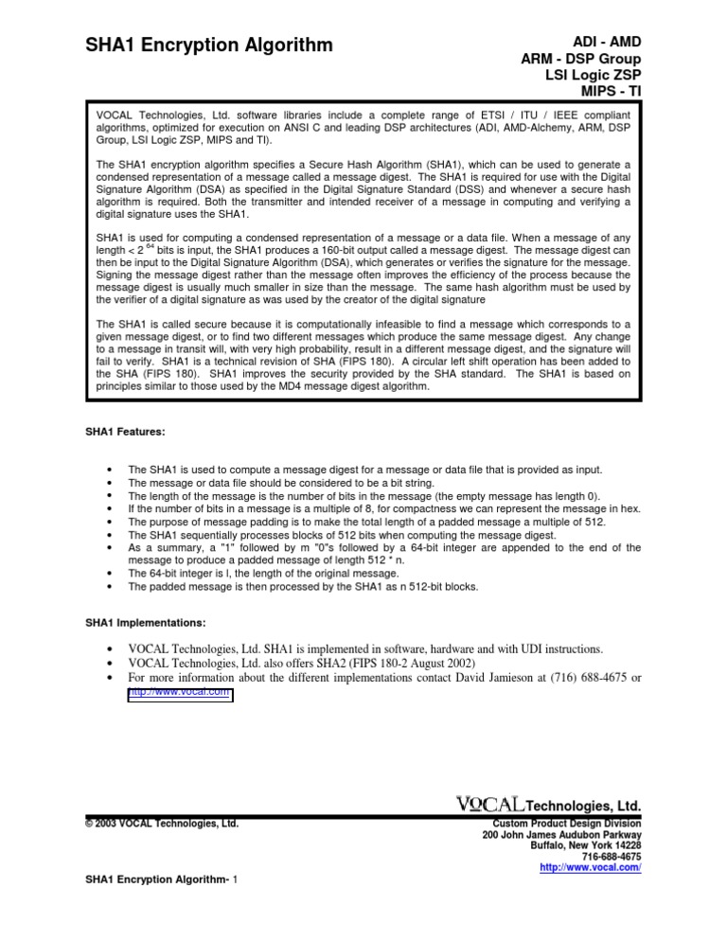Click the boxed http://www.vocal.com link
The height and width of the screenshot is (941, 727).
180,693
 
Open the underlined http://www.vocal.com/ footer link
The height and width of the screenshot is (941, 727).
590,866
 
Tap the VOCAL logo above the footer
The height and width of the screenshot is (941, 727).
488,803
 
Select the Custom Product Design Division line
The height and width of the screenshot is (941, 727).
561,824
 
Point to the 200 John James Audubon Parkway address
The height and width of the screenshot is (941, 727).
562,838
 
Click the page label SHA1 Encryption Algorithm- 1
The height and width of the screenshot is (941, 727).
161,908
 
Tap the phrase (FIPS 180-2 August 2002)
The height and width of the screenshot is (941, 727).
410,663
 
